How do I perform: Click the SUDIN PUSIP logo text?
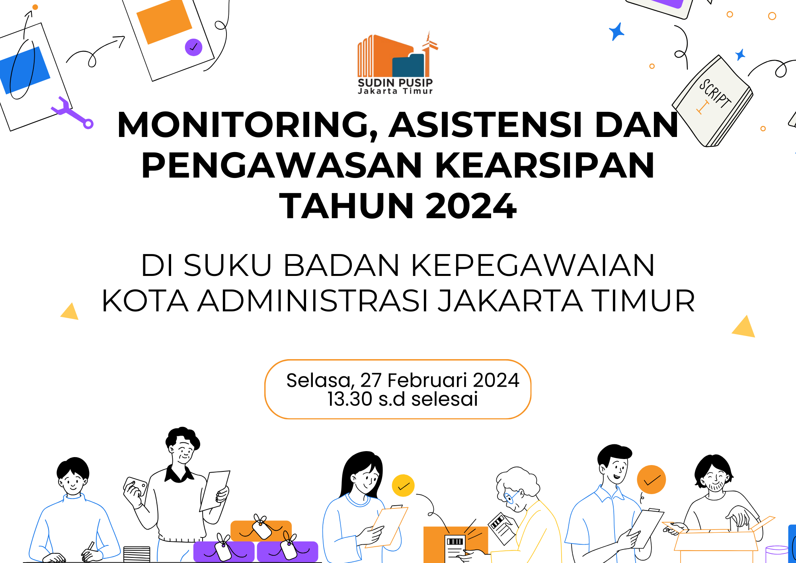395,83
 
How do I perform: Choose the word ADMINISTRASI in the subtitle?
313,301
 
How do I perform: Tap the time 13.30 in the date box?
349,399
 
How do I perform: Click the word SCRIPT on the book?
715,94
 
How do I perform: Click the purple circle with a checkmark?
193,47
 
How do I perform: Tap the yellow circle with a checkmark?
403,486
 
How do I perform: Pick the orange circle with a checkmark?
651,480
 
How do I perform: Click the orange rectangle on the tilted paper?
164,22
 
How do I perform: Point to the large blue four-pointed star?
617,31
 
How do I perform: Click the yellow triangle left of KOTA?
70,312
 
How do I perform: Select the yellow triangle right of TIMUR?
744,328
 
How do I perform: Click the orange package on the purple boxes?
261,530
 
